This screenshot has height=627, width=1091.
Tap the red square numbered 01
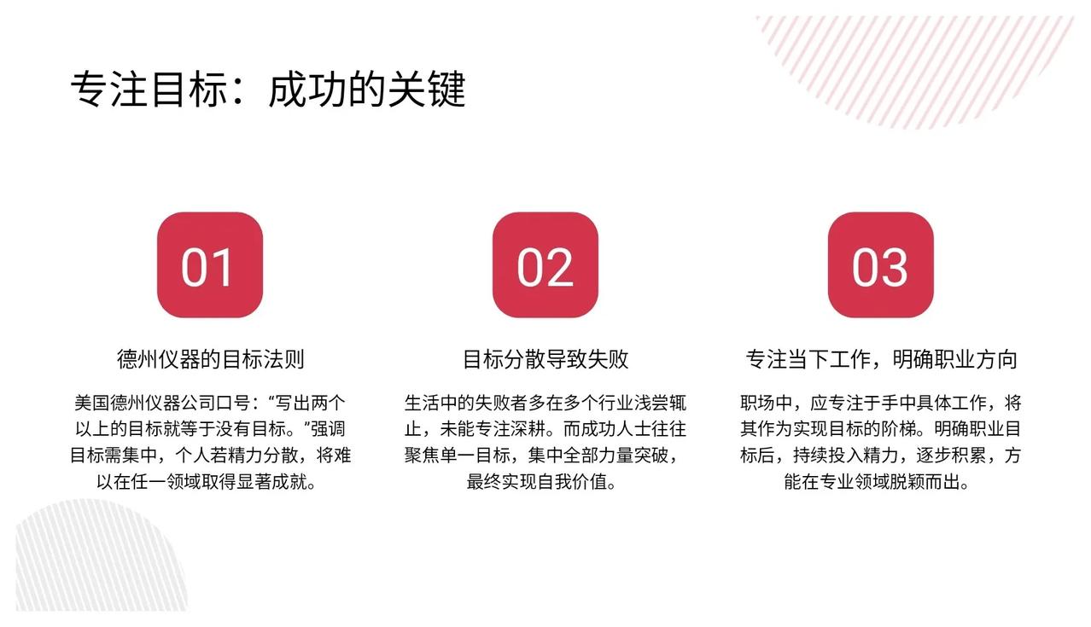click(210, 264)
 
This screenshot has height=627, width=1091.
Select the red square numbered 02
click(545, 264)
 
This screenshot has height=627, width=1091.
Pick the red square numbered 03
click(881, 264)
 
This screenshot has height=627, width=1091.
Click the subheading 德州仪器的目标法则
click(210, 359)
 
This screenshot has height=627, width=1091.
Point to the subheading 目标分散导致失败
click(545, 359)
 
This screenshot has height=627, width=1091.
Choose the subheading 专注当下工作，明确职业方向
click(881, 359)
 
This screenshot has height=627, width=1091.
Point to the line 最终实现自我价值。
click(541, 482)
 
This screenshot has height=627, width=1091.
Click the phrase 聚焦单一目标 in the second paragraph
click(458, 456)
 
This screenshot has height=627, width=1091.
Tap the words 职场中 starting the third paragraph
click(766, 403)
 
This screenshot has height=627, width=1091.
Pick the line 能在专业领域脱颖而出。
click(877, 482)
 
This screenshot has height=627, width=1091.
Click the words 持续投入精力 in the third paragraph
click(845, 456)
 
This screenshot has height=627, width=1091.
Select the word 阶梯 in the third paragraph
click(898, 429)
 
